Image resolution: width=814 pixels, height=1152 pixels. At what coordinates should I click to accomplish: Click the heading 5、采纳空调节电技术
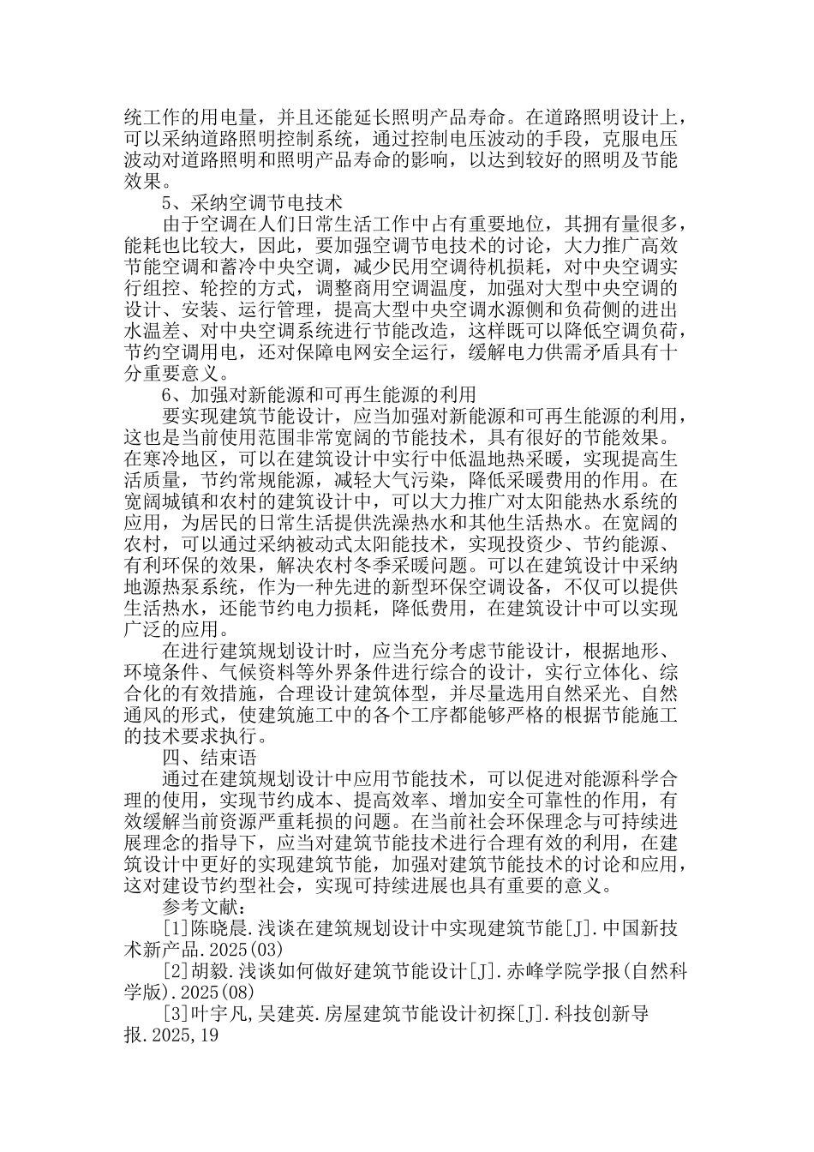click(x=252, y=203)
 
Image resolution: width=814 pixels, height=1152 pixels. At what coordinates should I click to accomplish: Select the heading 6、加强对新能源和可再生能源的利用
click(x=318, y=394)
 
